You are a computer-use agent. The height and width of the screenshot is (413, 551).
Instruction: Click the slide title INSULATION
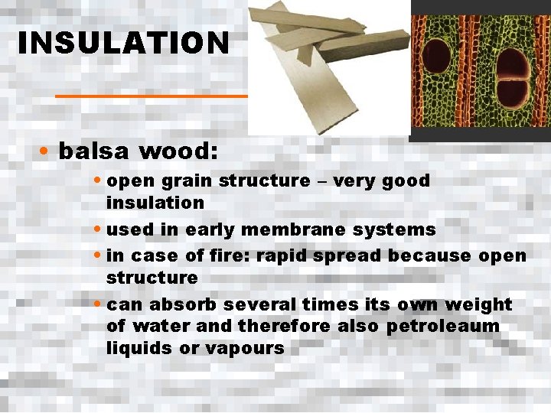pyautogui.click(x=123, y=43)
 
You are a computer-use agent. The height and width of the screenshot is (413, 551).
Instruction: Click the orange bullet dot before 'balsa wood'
pyautogui.click(x=46, y=151)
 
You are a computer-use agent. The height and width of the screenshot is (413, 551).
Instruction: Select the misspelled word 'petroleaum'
pyautogui.click(x=442, y=327)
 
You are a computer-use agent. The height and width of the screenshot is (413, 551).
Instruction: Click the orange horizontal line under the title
pyautogui.click(x=152, y=96)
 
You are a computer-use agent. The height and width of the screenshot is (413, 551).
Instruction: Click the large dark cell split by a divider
pyautogui.click(x=512, y=79)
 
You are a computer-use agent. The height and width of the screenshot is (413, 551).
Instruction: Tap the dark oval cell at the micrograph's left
pyautogui.click(x=437, y=63)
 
